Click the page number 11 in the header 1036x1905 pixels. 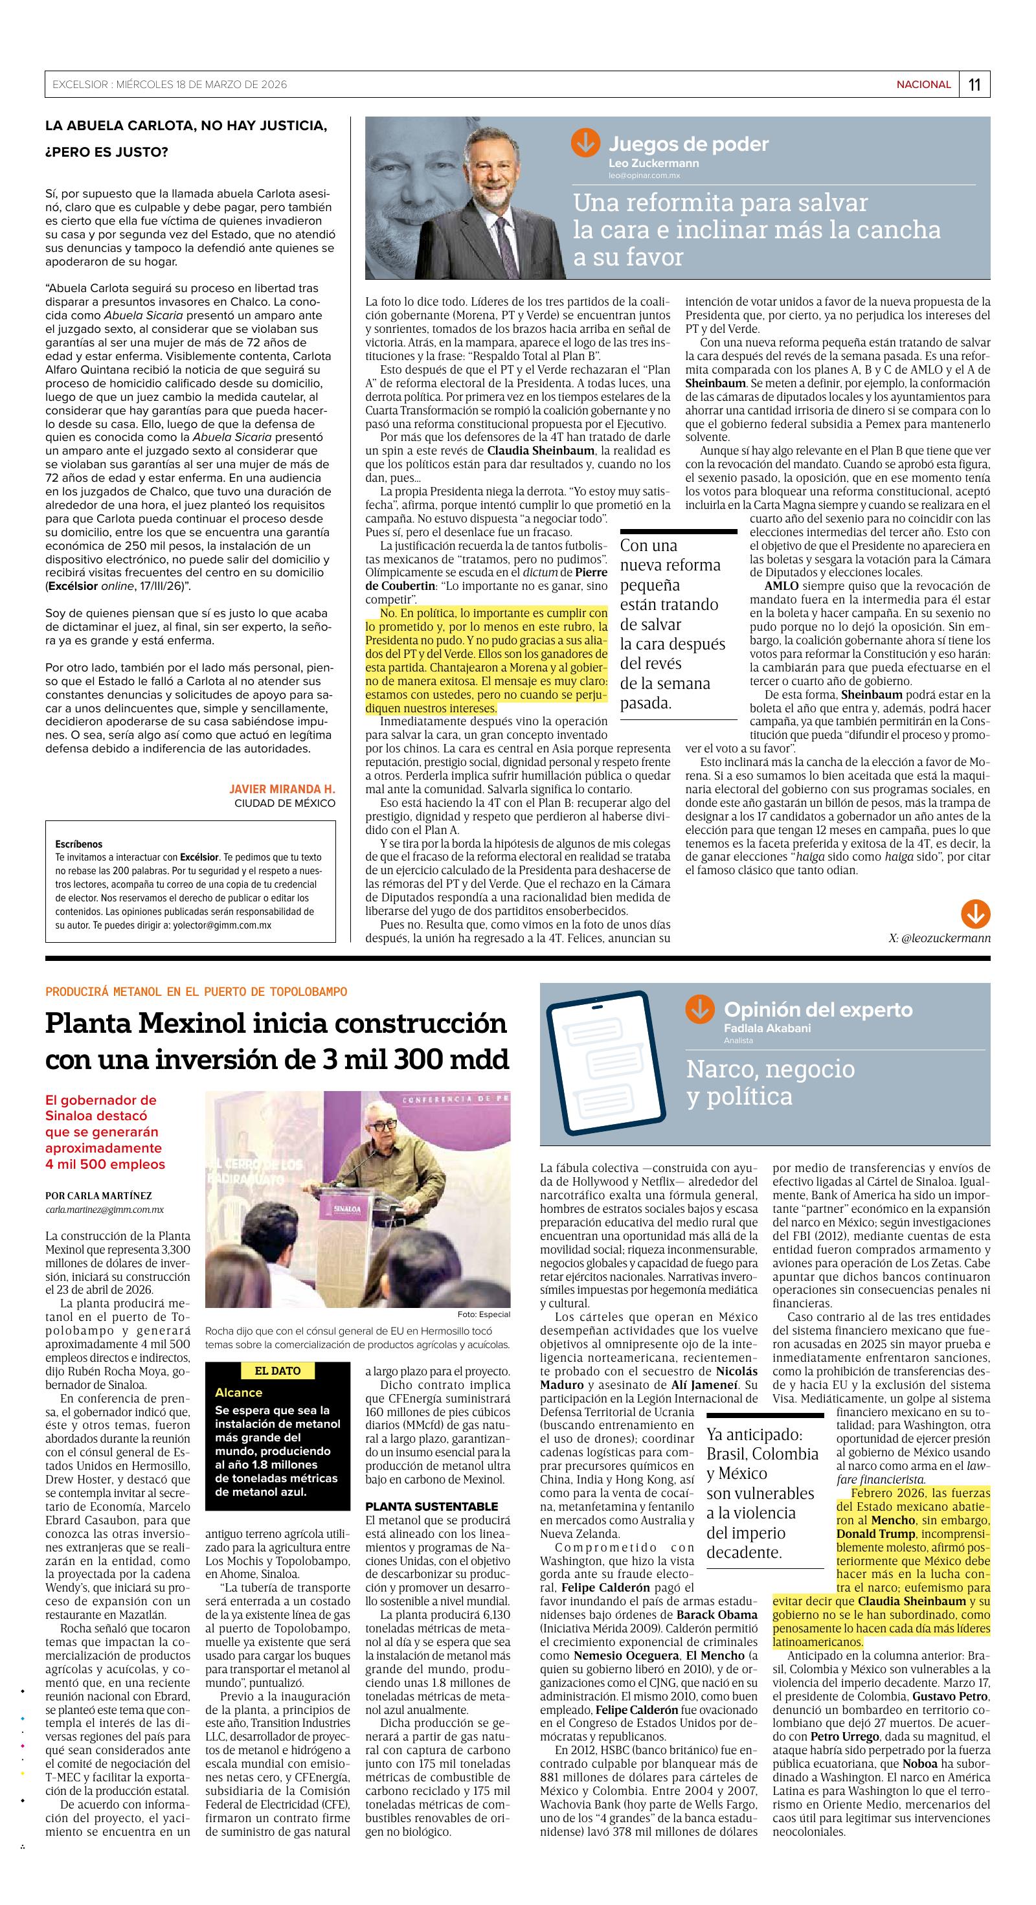974,85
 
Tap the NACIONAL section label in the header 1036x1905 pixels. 923,85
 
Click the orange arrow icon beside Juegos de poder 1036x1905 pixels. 585,142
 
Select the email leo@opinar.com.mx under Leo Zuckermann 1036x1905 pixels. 644,176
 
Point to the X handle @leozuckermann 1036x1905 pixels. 939,938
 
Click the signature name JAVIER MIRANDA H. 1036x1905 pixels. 282,789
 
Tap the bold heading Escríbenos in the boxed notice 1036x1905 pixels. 79,844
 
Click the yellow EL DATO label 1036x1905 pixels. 277,1370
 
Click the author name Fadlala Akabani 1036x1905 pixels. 767,1028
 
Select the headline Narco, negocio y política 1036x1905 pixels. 770,1082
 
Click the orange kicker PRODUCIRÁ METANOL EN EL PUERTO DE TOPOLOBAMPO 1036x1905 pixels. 196,992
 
